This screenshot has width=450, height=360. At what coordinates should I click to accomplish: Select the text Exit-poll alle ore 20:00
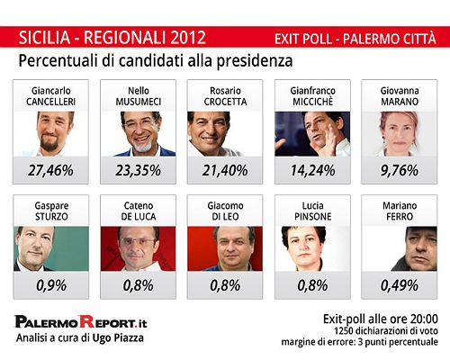(380, 319)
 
